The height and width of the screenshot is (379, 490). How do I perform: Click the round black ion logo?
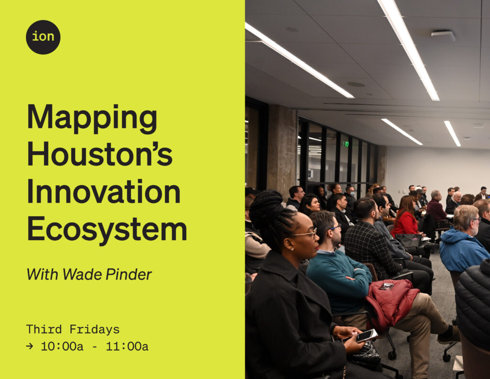[x=43, y=37]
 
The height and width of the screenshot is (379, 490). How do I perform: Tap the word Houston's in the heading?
[x=100, y=154]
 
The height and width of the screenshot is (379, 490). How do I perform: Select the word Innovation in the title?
[x=104, y=191]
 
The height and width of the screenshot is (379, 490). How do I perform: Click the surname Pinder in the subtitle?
[x=128, y=275]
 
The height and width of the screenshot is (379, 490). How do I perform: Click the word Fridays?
[x=94, y=329]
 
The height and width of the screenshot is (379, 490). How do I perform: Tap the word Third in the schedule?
[x=44, y=329]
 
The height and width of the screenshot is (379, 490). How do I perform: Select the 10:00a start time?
[x=62, y=346]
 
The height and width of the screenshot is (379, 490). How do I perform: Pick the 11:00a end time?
[x=127, y=346]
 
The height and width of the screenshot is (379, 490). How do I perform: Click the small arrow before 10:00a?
[x=29, y=346]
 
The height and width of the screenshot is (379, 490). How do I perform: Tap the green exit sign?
[x=346, y=144]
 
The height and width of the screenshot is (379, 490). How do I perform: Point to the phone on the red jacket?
[x=387, y=286]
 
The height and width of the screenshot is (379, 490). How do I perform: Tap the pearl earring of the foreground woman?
[x=292, y=249]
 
